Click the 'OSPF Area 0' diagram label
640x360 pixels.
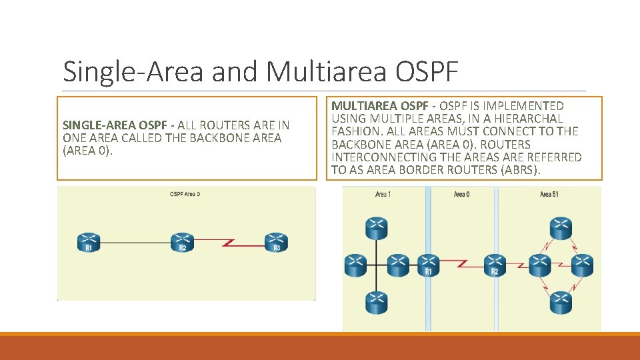[x=185, y=194]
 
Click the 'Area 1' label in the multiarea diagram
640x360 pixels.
[x=383, y=194]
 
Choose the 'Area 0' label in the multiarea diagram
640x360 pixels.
[x=461, y=194]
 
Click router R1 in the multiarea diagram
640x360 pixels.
[x=428, y=265]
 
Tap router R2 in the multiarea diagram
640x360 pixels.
[x=494, y=265]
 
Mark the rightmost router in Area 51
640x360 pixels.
[x=581, y=265]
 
